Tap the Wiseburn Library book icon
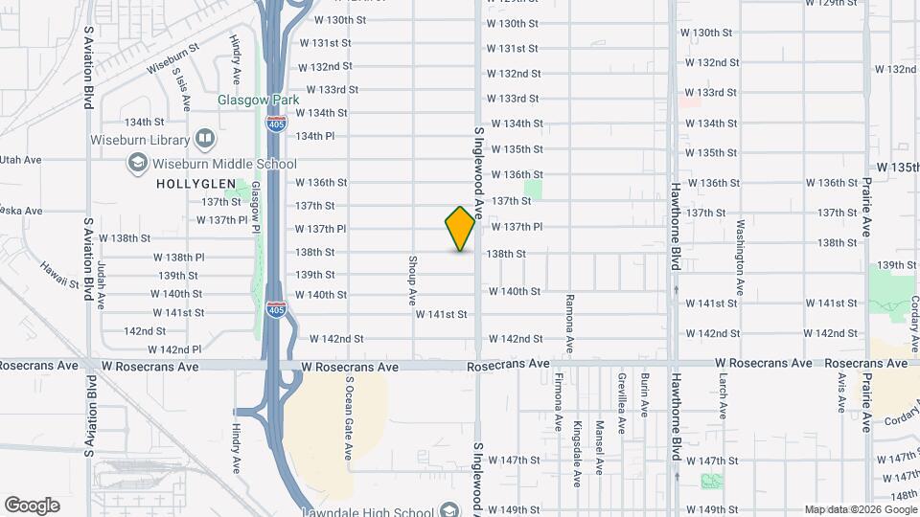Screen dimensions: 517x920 [204, 140]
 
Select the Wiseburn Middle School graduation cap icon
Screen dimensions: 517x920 [138, 164]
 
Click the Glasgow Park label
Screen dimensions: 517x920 [258, 100]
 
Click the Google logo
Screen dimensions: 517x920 [32, 506]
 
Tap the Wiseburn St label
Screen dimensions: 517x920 [172, 57]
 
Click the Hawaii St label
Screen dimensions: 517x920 [59, 276]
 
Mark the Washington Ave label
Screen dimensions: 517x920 [740, 258]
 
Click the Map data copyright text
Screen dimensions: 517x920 [859, 509]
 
